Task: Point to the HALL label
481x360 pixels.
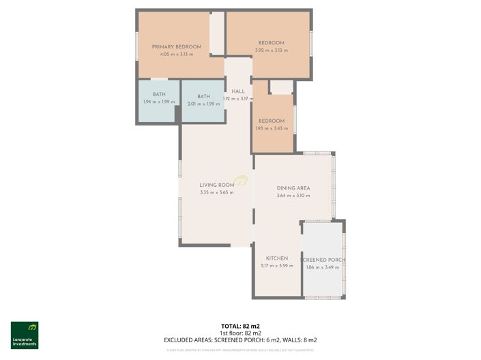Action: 237,91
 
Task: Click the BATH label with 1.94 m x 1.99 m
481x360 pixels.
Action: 159,95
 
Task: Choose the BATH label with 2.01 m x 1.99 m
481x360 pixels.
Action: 203,96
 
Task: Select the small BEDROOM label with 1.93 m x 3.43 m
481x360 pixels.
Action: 271,121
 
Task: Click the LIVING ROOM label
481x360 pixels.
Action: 216,185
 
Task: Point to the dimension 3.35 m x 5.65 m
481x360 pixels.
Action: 216,192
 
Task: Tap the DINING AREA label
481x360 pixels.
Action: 293,188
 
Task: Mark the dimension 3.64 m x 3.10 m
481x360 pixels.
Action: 293,196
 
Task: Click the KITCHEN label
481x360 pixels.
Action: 276,258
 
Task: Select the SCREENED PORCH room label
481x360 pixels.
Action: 323,260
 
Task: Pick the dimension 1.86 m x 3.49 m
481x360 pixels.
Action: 323,267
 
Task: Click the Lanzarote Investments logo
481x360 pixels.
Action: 25,335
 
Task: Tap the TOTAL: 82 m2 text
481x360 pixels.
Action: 240,327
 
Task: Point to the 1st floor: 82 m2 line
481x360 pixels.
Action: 240,333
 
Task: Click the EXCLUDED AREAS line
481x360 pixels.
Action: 240,340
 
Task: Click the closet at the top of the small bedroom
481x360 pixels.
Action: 280,87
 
